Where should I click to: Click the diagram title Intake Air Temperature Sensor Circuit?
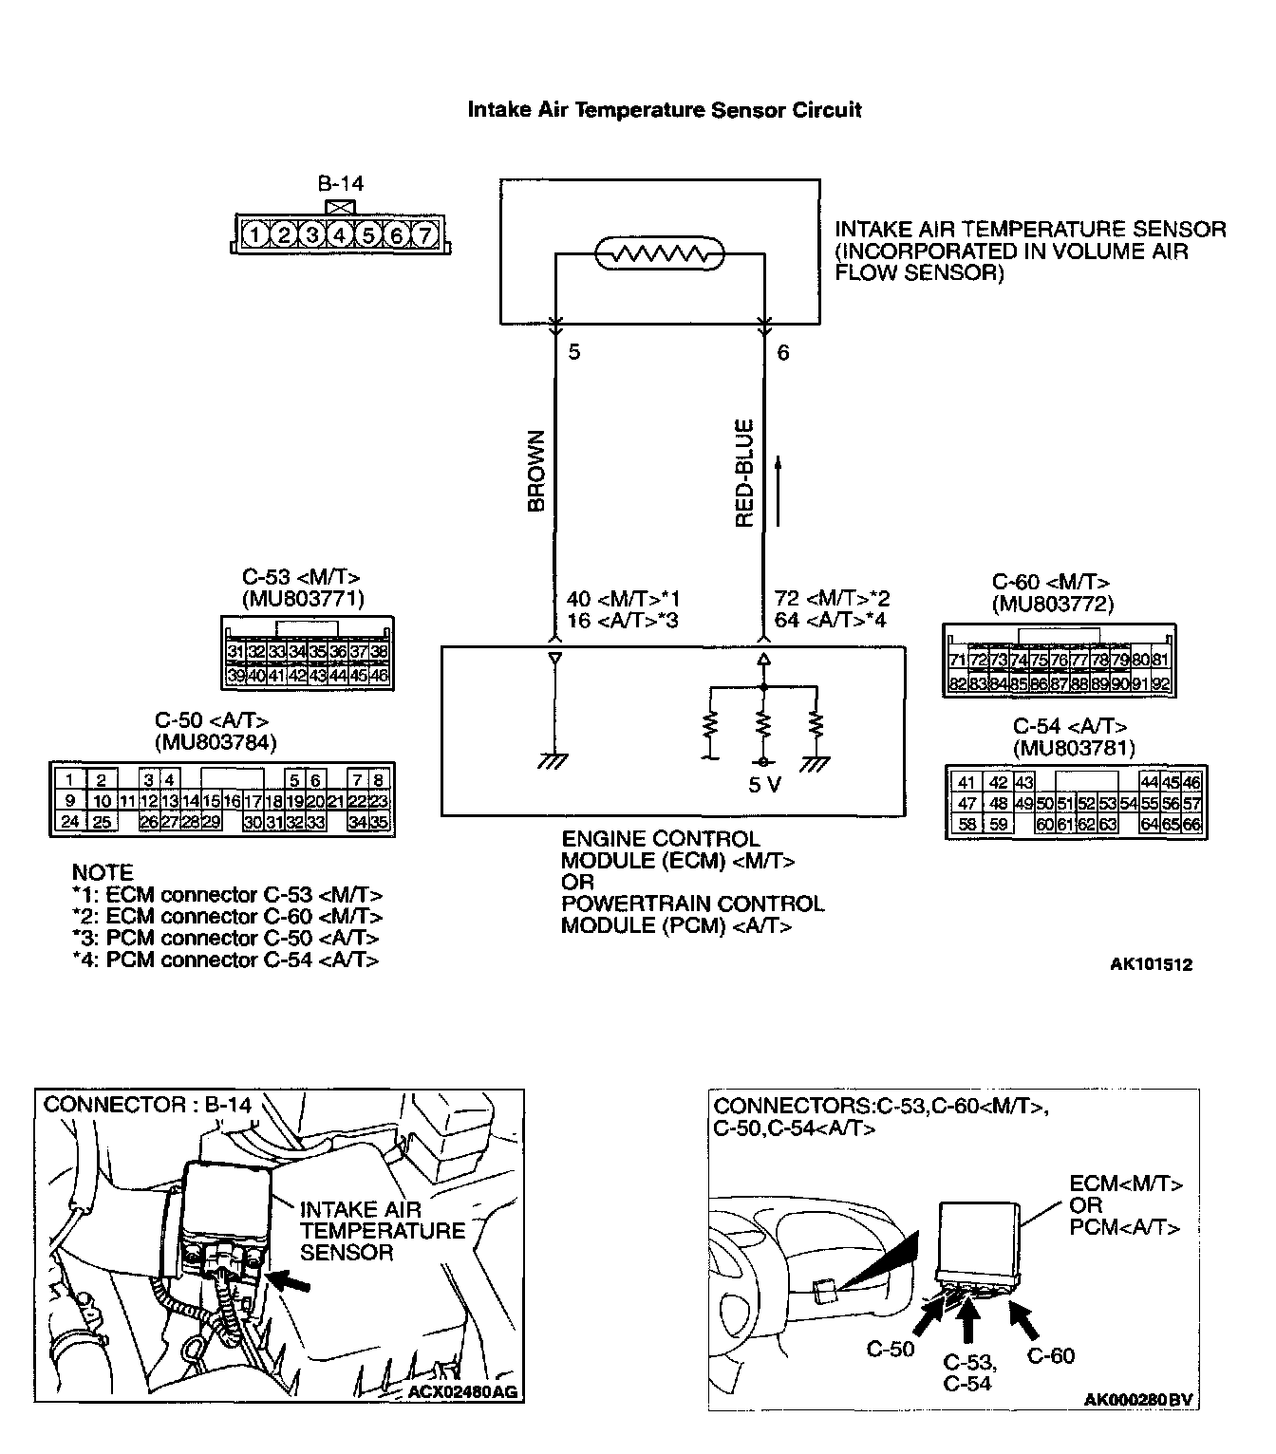click(664, 110)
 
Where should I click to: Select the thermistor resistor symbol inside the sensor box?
click(659, 254)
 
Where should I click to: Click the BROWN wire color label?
click(536, 473)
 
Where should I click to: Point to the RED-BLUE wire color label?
click(744, 473)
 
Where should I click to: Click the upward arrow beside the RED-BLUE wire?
click(779, 490)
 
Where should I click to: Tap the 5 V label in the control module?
click(764, 786)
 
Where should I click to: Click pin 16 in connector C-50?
click(231, 801)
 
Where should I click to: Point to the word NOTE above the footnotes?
click(103, 872)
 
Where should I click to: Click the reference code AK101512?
click(1151, 964)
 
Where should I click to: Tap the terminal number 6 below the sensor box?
click(783, 353)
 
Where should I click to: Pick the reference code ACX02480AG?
click(462, 1392)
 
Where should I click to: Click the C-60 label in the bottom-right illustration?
click(1051, 1355)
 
